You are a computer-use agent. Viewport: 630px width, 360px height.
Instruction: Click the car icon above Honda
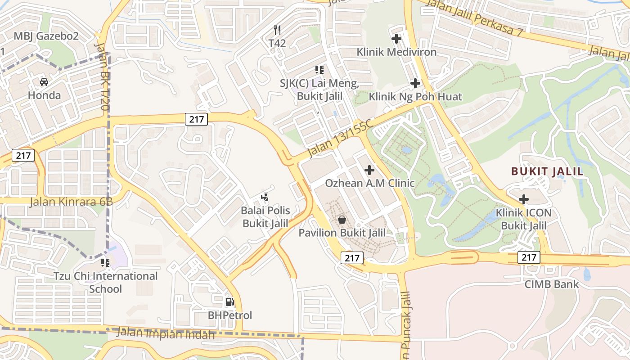[x=44, y=82]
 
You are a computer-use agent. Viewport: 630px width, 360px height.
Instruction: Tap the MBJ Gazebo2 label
[x=46, y=36]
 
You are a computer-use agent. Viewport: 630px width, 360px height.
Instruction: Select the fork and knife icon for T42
[x=277, y=31]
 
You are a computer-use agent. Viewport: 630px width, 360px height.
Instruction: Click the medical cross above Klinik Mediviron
[x=396, y=39]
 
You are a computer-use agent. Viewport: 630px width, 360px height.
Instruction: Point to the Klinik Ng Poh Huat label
[x=415, y=97]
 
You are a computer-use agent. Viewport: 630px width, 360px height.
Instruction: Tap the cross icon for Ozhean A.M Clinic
[x=369, y=170]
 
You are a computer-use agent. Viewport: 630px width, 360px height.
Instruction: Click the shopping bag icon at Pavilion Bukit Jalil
[x=342, y=220]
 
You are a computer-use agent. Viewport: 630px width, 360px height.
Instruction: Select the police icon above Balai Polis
[x=265, y=197]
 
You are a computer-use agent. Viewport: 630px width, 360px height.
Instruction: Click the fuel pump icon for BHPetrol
[x=229, y=302]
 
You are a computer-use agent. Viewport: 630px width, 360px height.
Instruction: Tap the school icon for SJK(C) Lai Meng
[x=319, y=70]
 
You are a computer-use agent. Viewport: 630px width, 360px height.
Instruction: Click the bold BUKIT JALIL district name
[x=547, y=171]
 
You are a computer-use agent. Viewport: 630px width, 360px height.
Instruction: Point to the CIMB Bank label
[x=552, y=284]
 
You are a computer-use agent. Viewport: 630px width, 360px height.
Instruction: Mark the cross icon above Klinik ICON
[x=524, y=199]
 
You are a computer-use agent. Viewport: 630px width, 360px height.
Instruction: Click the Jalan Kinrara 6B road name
[x=71, y=202]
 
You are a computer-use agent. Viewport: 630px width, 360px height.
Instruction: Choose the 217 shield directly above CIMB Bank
[x=529, y=257]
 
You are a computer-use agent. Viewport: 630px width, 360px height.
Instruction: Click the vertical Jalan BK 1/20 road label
[x=102, y=76]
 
